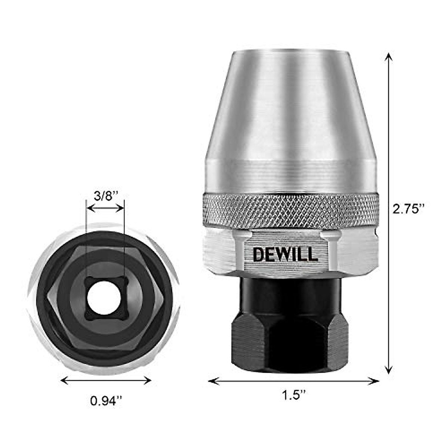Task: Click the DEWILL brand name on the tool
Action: [285, 254]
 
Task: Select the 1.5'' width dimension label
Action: [294, 395]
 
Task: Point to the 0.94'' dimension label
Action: [106, 401]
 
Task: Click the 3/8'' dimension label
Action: [106, 196]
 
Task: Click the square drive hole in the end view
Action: [106, 297]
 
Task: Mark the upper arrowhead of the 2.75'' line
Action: [389, 56]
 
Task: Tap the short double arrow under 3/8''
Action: [105, 208]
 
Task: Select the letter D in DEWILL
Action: [258, 254]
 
